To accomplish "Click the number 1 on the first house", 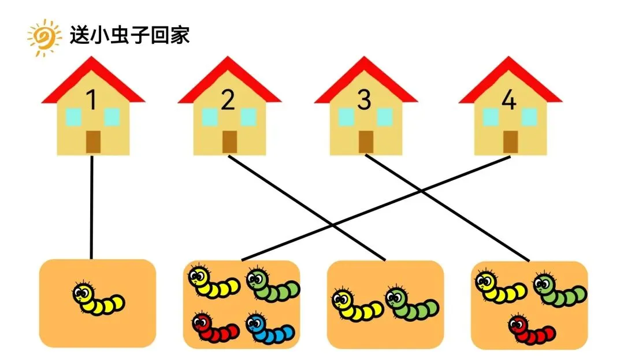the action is (x=92, y=101).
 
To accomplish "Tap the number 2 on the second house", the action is (x=228, y=101).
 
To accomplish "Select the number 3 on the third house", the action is (x=364, y=101).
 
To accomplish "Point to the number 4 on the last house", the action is (x=508, y=101).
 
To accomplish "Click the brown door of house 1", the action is (x=93, y=142).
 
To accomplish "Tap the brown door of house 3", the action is (x=365, y=142).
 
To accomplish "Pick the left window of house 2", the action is (x=210, y=117).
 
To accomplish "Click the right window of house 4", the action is (x=529, y=117).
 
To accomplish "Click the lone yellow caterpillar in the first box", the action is (x=99, y=298).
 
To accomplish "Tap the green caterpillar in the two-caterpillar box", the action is (x=411, y=302).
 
